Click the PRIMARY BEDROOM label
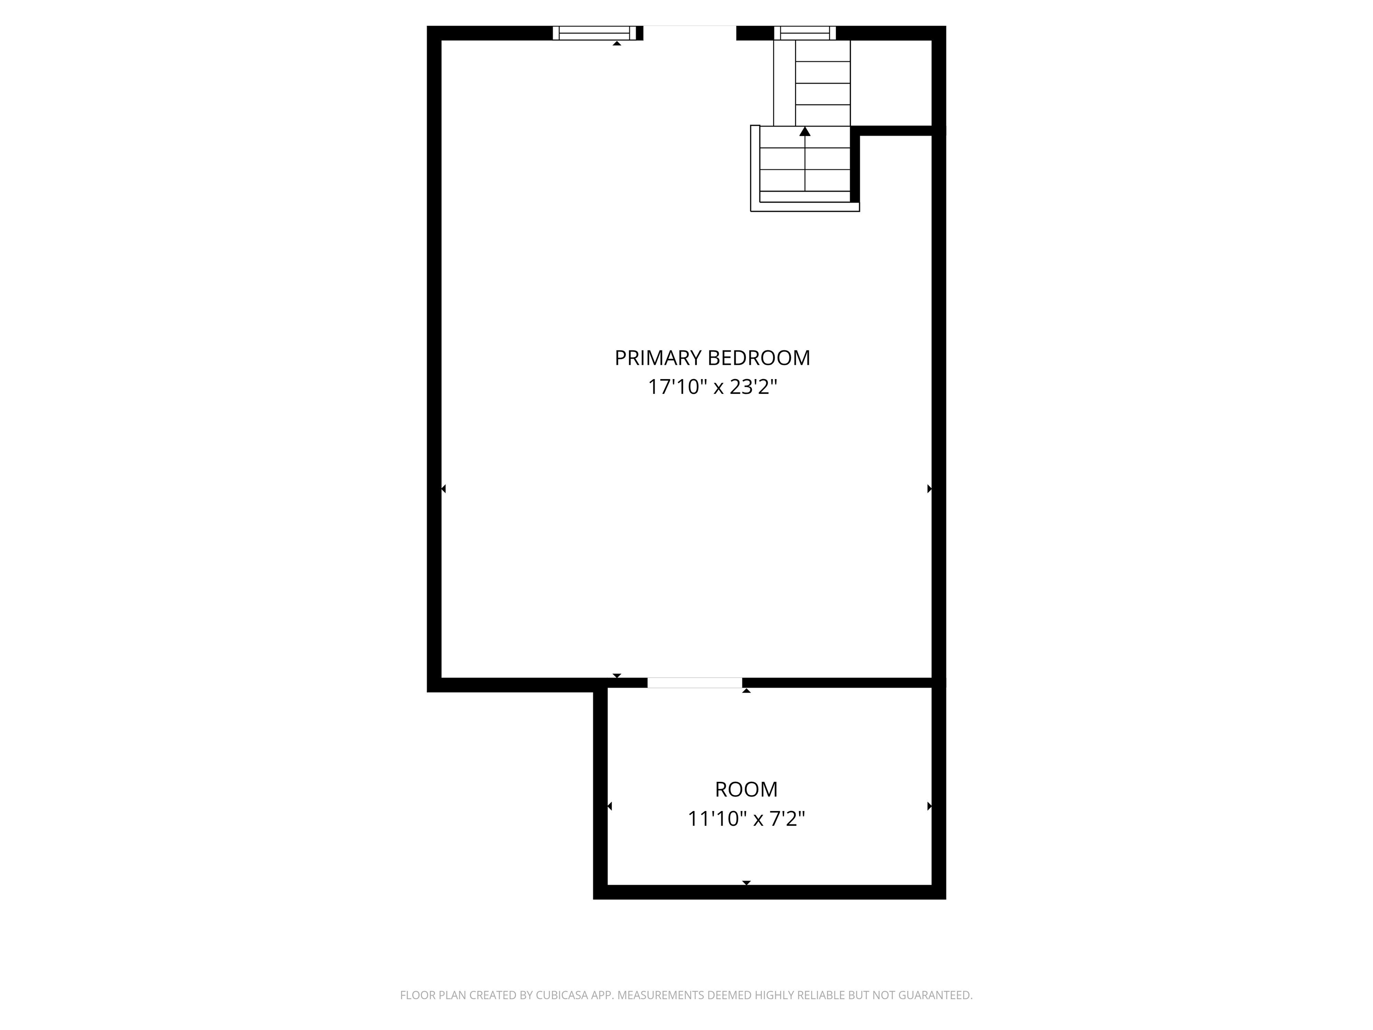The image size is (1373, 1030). click(712, 358)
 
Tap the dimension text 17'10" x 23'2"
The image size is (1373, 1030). click(712, 388)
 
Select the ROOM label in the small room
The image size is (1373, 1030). click(746, 790)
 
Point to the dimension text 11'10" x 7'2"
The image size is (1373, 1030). click(746, 819)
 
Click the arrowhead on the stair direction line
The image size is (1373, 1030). click(805, 131)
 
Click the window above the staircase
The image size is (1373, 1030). click(805, 33)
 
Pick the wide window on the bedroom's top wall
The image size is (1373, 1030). click(594, 33)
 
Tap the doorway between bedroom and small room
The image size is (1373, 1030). click(695, 683)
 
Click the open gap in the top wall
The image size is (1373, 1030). click(690, 33)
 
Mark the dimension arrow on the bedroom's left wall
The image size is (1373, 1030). click(443, 489)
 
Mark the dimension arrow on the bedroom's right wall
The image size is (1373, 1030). click(929, 489)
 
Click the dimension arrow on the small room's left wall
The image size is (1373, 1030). click(610, 806)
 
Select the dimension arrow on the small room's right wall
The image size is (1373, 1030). click(929, 806)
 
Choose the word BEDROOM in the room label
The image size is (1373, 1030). click(759, 358)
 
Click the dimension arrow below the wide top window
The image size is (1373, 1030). click(617, 43)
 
